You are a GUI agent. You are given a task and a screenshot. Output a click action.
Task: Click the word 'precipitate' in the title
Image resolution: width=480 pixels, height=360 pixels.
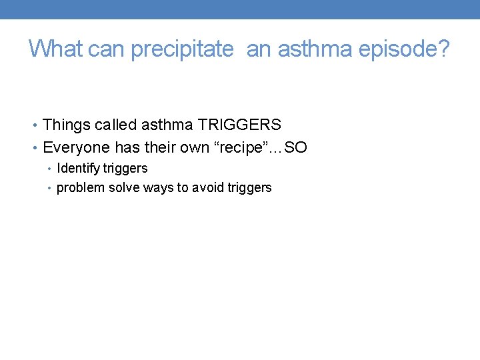coord(182,49)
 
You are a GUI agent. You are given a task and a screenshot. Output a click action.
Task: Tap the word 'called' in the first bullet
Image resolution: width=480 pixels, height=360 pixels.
coord(119,125)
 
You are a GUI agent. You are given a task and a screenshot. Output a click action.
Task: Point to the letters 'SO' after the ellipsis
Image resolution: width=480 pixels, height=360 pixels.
coord(296,147)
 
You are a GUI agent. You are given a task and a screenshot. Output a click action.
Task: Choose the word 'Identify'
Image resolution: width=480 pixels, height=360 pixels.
coord(78,169)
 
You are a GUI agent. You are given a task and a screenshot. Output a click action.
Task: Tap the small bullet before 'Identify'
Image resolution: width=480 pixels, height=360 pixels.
coord(50,169)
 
